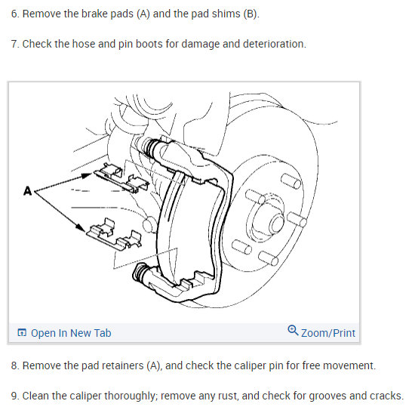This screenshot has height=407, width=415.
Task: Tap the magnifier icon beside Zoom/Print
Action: pyautogui.click(x=293, y=331)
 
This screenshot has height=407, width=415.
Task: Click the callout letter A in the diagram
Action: pyautogui.click(x=27, y=191)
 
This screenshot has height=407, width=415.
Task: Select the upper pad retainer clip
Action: pyautogui.click(x=121, y=178)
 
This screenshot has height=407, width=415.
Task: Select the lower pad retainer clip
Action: pyautogui.click(x=114, y=234)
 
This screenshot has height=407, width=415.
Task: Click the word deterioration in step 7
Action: pyautogui.click(x=274, y=44)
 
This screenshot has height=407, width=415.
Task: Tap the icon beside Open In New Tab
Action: pyautogui.click(x=22, y=332)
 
